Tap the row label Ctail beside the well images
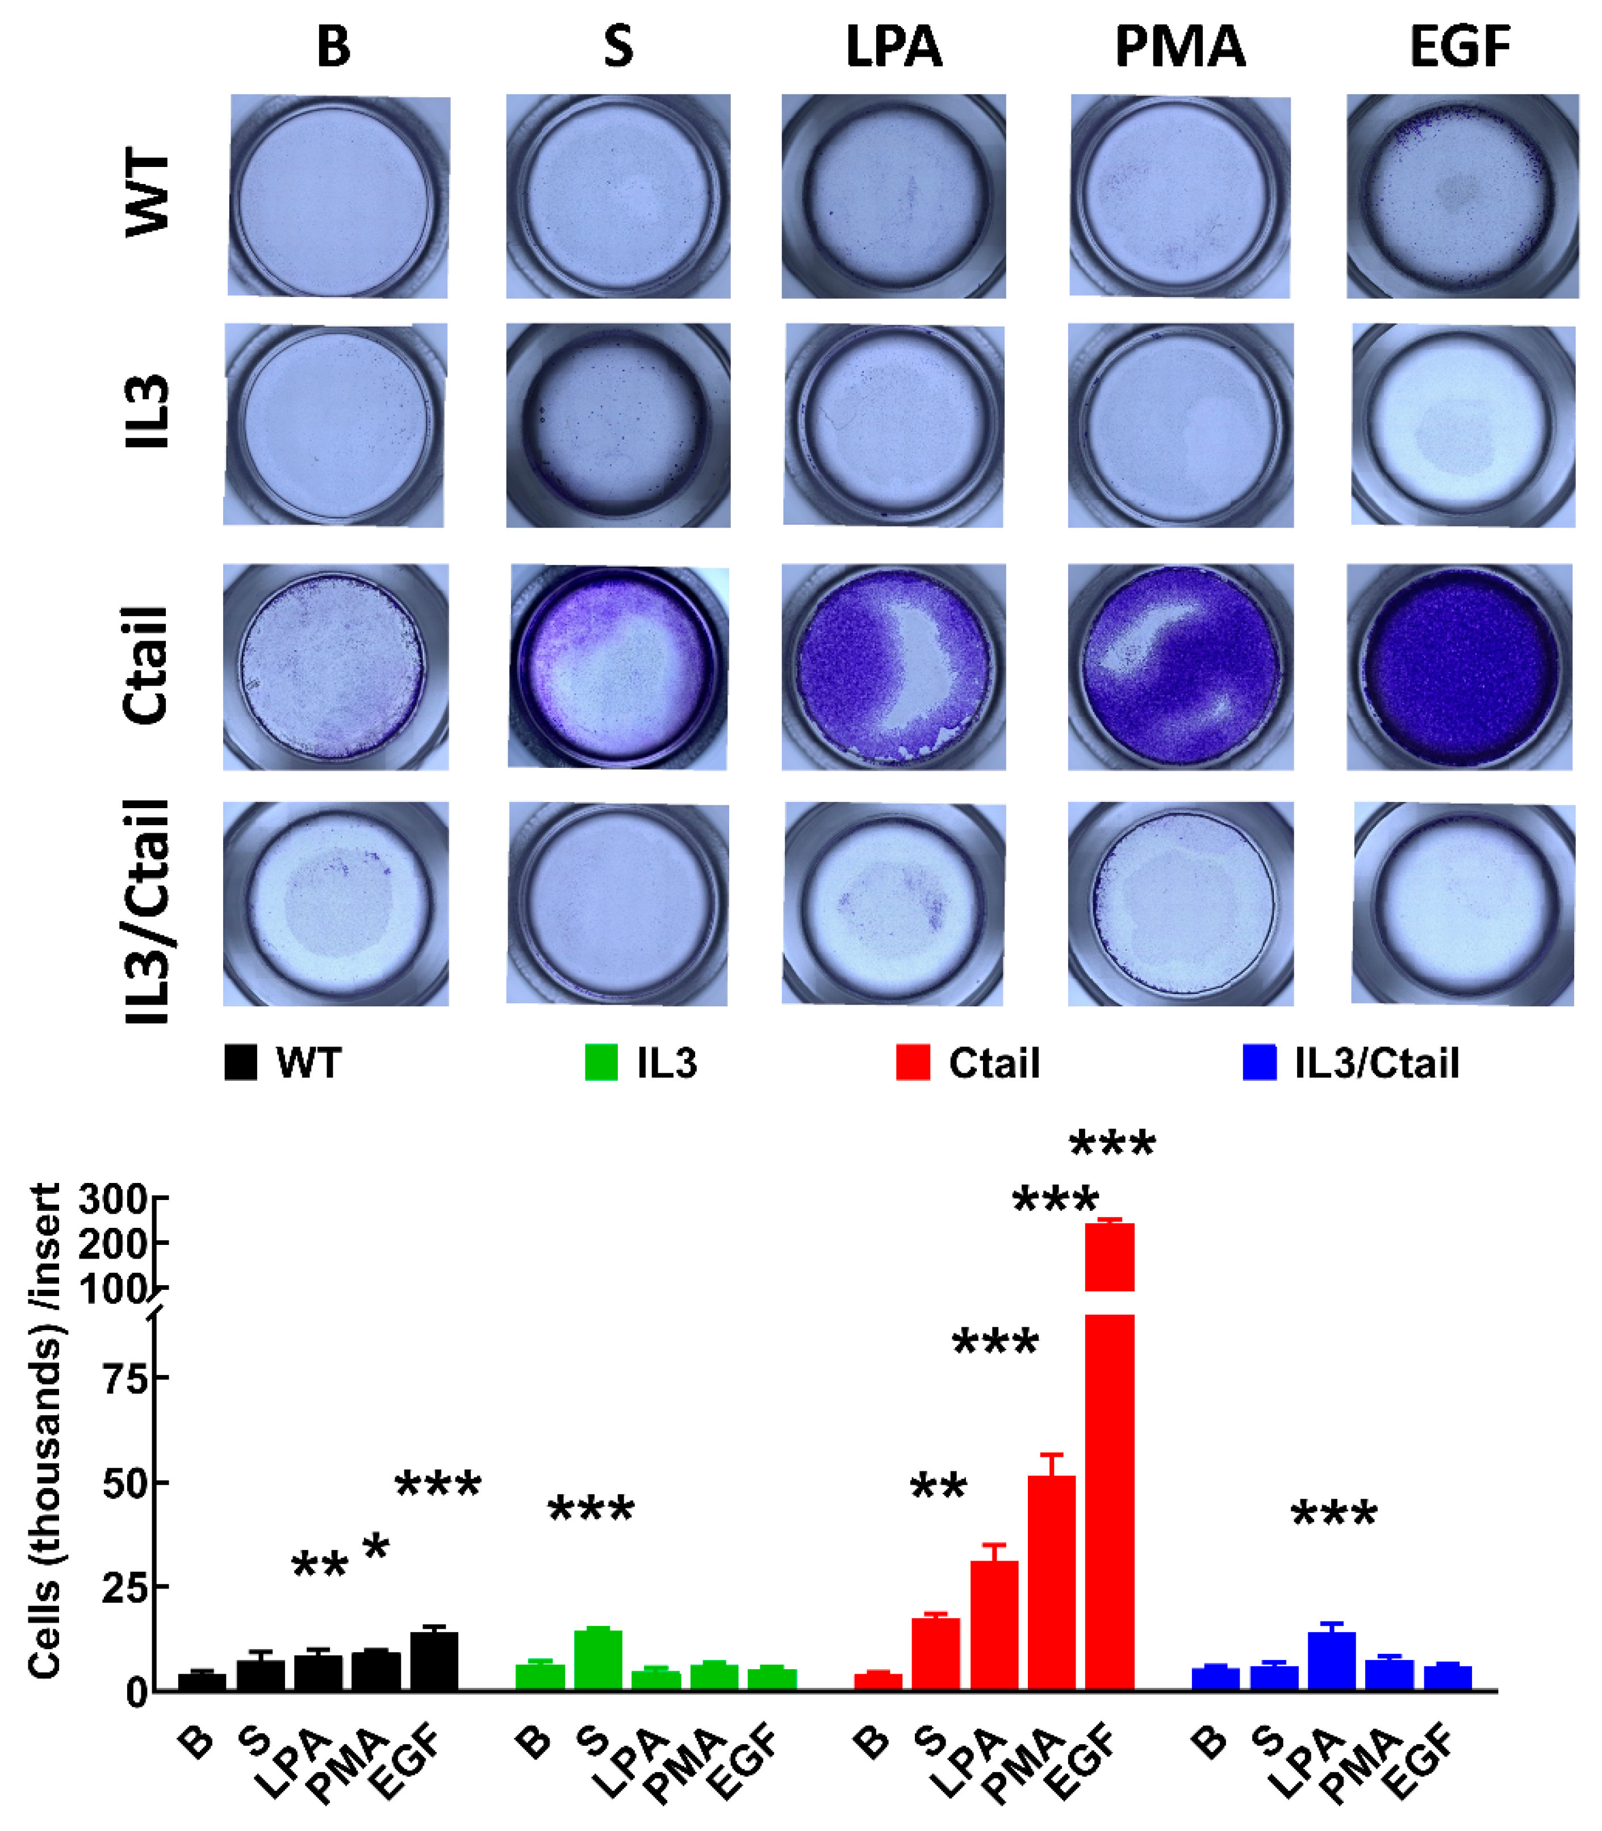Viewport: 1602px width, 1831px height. (x=146, y=666)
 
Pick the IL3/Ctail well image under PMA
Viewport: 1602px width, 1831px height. (x=1180, y=904)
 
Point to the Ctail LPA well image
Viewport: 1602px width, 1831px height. (x=893, y=667)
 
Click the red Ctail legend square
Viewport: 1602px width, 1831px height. (x=913, y=1063)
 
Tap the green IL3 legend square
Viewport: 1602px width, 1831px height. (x=601, y=1063)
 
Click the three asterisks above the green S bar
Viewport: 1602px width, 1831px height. (x=591, y=1510)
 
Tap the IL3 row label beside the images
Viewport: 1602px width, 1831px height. (x=146, y=411)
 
